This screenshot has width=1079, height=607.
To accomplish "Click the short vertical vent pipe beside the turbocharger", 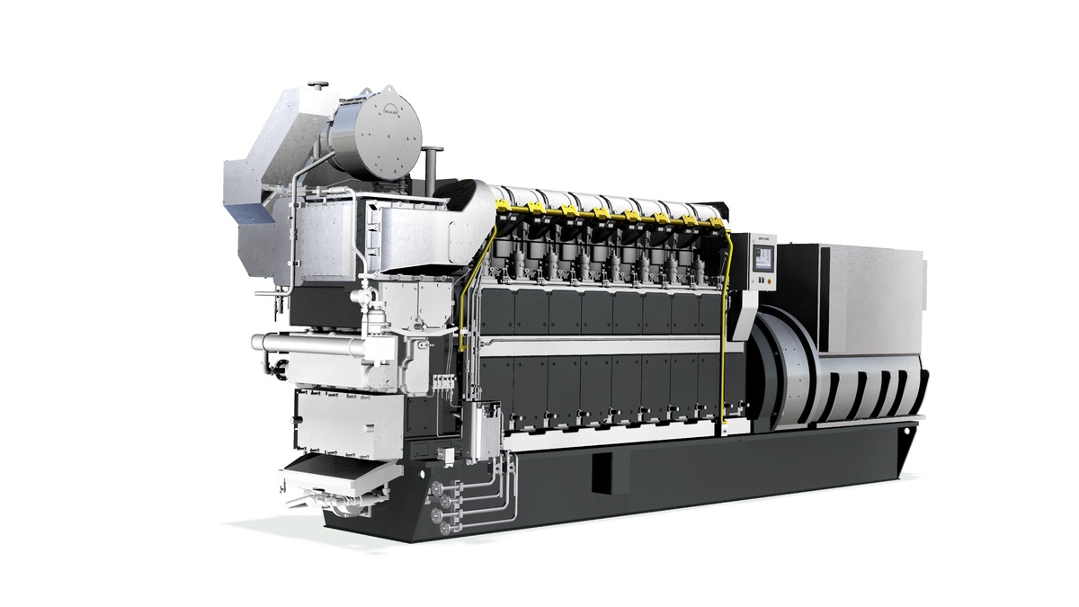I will pyautogui.click(x=432, y=167).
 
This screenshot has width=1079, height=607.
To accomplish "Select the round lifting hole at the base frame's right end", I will pyautogui.click(x=905, y=448).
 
